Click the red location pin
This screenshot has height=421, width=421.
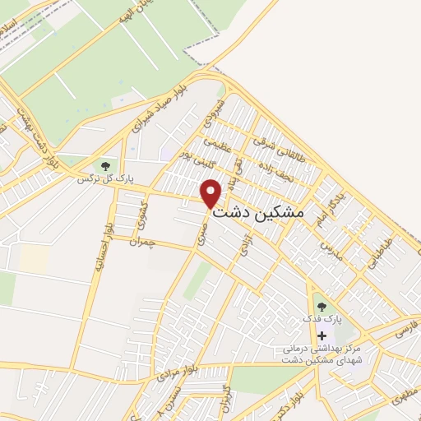pos(211,193)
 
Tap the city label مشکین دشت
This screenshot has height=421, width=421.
pos(258,211)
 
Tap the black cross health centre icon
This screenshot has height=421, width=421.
pos(322,335)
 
